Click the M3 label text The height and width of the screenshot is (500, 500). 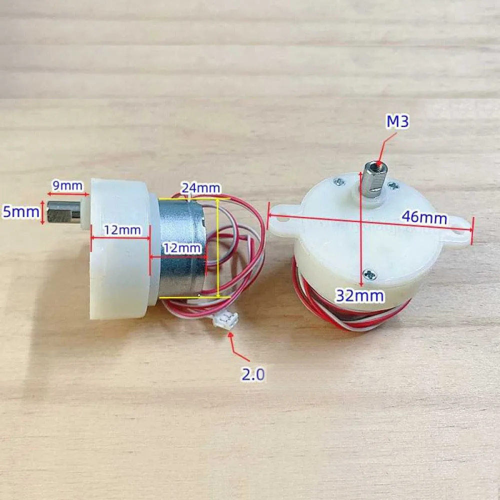[397, 121]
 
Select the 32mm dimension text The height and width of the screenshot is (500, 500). [360, 296]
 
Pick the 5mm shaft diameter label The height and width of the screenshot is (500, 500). [20, 211]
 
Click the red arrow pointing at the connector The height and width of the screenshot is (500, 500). [238, 346]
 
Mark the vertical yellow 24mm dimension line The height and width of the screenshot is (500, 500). [218, 247]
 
